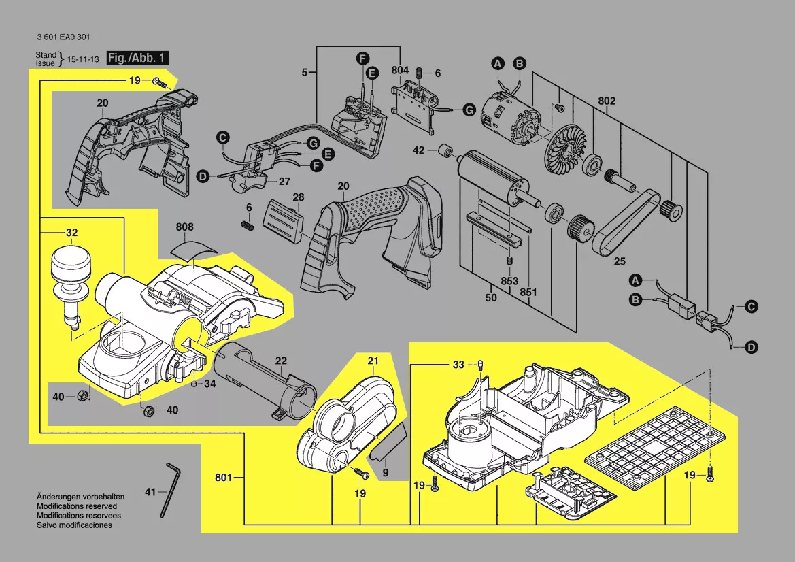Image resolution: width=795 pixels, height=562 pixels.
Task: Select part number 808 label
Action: click(x=184, y=227)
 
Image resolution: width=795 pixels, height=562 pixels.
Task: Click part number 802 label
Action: click(x=607, y=101)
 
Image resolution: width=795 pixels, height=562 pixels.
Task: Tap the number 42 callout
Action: click(x=420, y=150)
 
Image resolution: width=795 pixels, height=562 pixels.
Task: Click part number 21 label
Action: click(x=372, y=360)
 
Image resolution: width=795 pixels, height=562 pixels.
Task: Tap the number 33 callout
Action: click(x=459, y=365)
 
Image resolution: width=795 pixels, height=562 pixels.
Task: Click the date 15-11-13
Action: click(x=82, y=60)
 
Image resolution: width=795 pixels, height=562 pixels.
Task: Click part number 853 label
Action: click(x=509, y=281)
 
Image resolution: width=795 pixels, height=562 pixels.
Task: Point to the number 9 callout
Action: click(x=385, y=473)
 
